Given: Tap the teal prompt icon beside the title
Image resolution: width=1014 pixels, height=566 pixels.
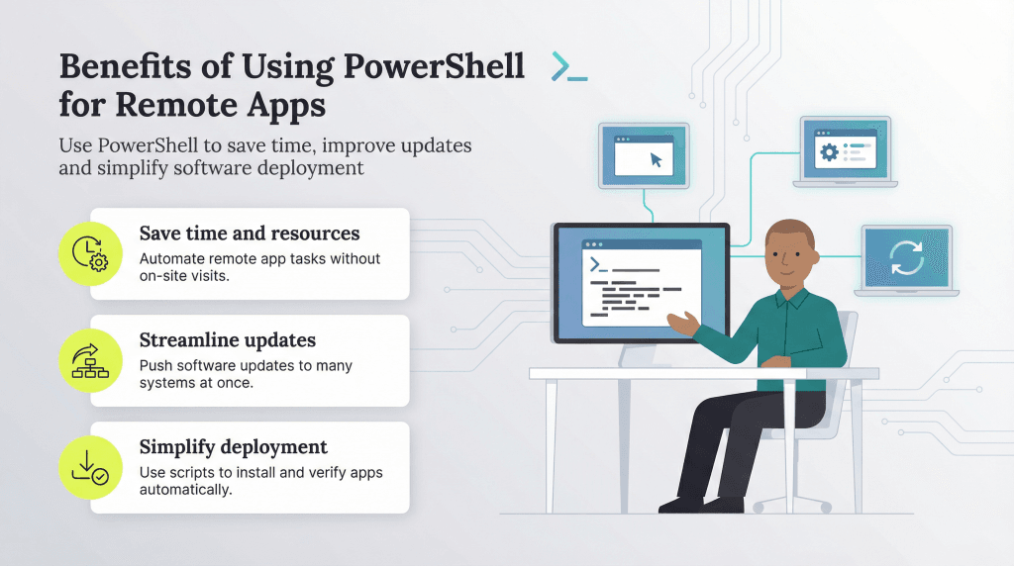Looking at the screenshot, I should pos(569,66).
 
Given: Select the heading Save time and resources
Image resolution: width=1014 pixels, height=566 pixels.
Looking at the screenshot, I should pos(249,234).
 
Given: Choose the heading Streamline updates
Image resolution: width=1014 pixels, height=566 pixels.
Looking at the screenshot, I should pos(227,340).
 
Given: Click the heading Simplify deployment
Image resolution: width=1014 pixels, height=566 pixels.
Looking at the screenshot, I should pos(233,447).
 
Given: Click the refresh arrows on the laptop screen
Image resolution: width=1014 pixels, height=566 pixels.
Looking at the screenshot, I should pos(906,256).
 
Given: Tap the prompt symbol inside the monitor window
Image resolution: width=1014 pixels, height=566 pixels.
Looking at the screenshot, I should pos(597,264).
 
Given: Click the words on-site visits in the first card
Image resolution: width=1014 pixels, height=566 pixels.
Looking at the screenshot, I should pos(180,276).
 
